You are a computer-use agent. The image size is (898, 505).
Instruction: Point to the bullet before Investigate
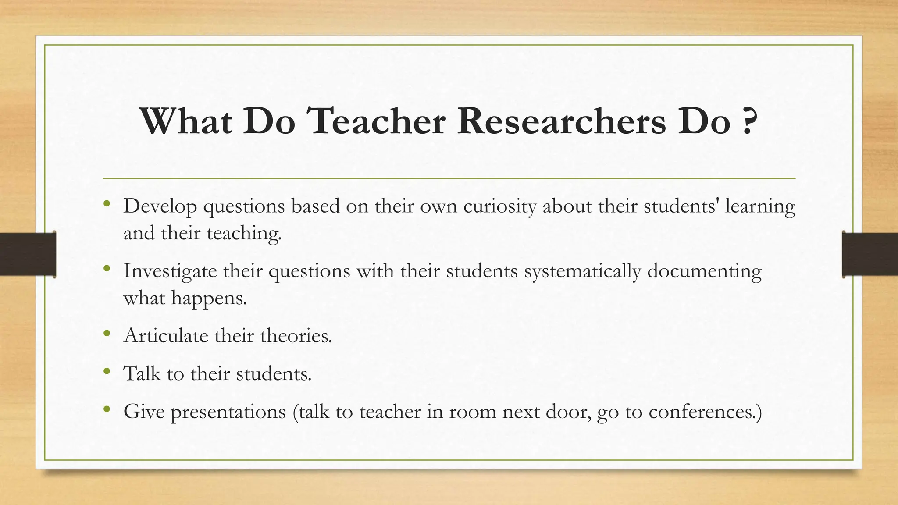pyautogui.click(x=107, y=268)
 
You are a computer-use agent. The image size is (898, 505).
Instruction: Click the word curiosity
pyautogui.click(x=500, y=206)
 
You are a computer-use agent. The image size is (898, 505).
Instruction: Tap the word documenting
pyautogui.click(x=704, y=271)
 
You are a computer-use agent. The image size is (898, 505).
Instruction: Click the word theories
pyautogui.click(x=296, y=336)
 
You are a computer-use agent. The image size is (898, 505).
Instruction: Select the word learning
pyautogui.click(x=759, y=206)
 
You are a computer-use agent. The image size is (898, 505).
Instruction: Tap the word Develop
pyautogui.click(x=160, y=206)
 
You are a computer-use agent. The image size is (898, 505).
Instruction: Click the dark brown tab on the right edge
pyautogui.click(x=870, y=254)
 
